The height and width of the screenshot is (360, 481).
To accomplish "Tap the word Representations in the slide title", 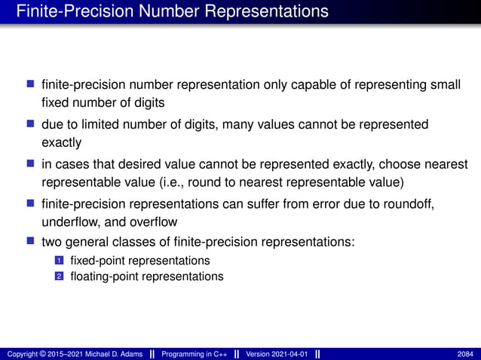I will point(260,12).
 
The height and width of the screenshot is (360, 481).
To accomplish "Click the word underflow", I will point(69,222).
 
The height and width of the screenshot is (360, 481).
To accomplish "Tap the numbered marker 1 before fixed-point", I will point(57,261).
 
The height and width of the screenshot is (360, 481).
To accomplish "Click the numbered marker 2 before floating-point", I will point(57,276).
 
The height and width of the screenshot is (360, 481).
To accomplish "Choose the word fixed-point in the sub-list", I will point(97,261).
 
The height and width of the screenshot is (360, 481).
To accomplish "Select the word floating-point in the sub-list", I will point(103,276).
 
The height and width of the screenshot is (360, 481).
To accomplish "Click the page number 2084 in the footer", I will point(466,354).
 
